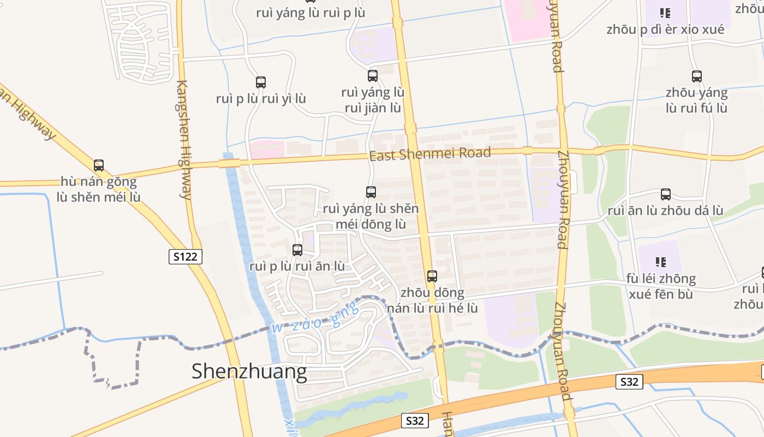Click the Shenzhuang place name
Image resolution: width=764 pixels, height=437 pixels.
pos(249,372)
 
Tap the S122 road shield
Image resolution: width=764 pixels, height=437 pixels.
pos(186,256)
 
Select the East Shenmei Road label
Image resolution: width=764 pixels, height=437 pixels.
pos(430,153)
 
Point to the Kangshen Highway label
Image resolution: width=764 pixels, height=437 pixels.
pos(184,140)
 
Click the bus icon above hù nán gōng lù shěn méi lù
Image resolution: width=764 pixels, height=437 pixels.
pos(99,165)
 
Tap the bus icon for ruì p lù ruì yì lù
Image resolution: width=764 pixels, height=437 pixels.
pos(261,82)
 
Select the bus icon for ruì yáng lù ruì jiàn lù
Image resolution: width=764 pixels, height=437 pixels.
pos(373,76)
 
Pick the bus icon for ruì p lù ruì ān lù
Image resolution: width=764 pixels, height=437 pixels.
pos(297,250)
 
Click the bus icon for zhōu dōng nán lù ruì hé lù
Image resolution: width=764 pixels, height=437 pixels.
pos(432,276)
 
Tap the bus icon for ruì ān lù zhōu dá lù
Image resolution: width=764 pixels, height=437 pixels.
pos(666,194)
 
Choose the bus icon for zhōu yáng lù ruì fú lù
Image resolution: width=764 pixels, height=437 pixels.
pos(697,76)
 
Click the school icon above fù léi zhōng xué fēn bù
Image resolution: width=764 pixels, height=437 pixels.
pos(661,263)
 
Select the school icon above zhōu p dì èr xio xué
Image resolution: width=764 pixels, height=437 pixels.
pos(665,13)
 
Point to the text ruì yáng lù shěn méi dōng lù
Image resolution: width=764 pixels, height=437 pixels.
pos(371,216)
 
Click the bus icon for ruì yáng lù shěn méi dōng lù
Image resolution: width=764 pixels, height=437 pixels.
pos(371,192)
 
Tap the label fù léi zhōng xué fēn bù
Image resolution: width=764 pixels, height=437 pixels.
pos(661,286)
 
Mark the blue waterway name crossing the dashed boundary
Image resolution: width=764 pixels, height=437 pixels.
pos(315,318)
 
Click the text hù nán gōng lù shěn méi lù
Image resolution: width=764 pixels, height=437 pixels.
pos(98,189)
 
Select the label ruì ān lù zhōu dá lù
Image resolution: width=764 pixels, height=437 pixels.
pos(665,211)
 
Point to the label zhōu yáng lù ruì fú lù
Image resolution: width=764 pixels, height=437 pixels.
pos(696,101)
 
